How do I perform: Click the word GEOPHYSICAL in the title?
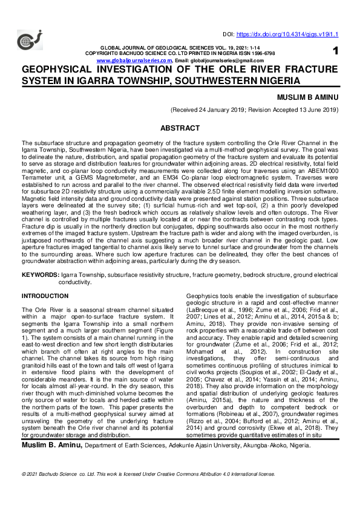tap(64, 70)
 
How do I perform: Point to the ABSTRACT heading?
tap(180, 128)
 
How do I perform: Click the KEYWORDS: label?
tap(40, 274)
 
